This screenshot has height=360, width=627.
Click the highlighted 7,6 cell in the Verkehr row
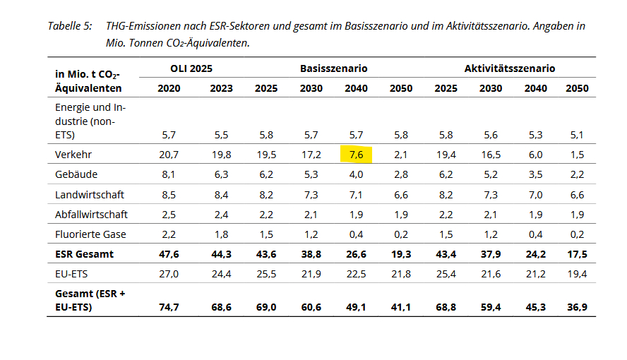point(356,153)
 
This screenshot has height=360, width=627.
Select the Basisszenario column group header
point(334,68)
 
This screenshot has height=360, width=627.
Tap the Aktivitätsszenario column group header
point(509,68)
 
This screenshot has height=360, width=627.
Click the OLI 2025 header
point(191,68)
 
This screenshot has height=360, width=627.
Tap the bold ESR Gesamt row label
point(84,254)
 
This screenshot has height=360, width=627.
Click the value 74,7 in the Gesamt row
point(169,307)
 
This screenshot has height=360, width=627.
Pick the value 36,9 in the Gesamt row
point(576,307)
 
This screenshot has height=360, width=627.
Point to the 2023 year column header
point(221,88)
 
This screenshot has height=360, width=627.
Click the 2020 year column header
point(169,88)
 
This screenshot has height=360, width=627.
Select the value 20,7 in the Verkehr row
point(169,153)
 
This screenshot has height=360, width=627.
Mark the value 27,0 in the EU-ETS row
point(169,274)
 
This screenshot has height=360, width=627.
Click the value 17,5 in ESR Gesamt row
point(576,254)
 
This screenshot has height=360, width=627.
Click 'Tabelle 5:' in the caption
point(70,26)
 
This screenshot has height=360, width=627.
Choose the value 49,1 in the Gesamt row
point(356,307)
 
